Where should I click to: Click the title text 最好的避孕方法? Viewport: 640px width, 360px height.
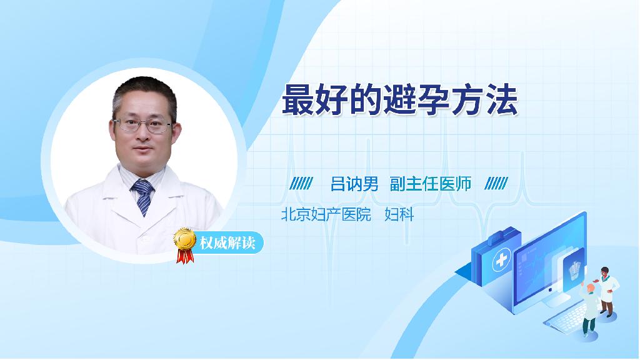[x=400, y=100]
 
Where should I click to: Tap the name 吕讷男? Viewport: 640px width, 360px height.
[x=354, y=184]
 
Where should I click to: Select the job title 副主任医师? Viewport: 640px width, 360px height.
[x=431, y=184]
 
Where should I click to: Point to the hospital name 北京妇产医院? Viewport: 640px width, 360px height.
[x=326, y=214]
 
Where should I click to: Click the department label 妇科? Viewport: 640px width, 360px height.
[x=399, y=214]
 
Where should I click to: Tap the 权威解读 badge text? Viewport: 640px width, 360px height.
[x=227, y=243]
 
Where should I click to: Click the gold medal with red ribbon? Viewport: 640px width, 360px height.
[x=184, y=245]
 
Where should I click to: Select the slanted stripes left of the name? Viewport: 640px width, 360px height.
[x=301, y=184]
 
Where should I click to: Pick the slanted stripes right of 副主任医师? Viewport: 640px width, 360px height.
[x=496, y=184]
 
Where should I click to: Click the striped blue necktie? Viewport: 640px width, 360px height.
[x=143, y=196]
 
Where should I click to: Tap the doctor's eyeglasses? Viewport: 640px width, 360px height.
[x=144, y=125]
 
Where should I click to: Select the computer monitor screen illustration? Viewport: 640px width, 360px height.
[x=549, y=261]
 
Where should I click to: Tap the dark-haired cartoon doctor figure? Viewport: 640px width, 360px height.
[x=606, y=291]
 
